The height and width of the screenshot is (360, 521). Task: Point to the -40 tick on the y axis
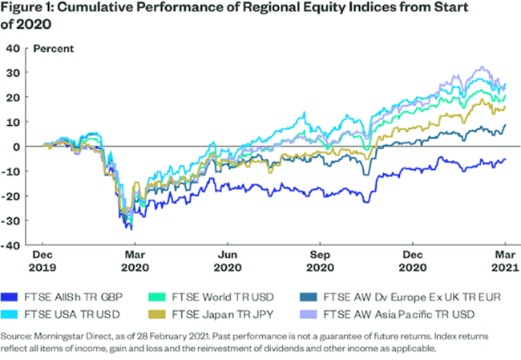[13, 245]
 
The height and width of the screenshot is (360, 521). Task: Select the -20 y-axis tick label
[13, 196]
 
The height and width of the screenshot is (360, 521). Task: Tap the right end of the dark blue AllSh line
[505, 159]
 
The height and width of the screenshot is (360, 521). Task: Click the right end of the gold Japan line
[505, 106]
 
